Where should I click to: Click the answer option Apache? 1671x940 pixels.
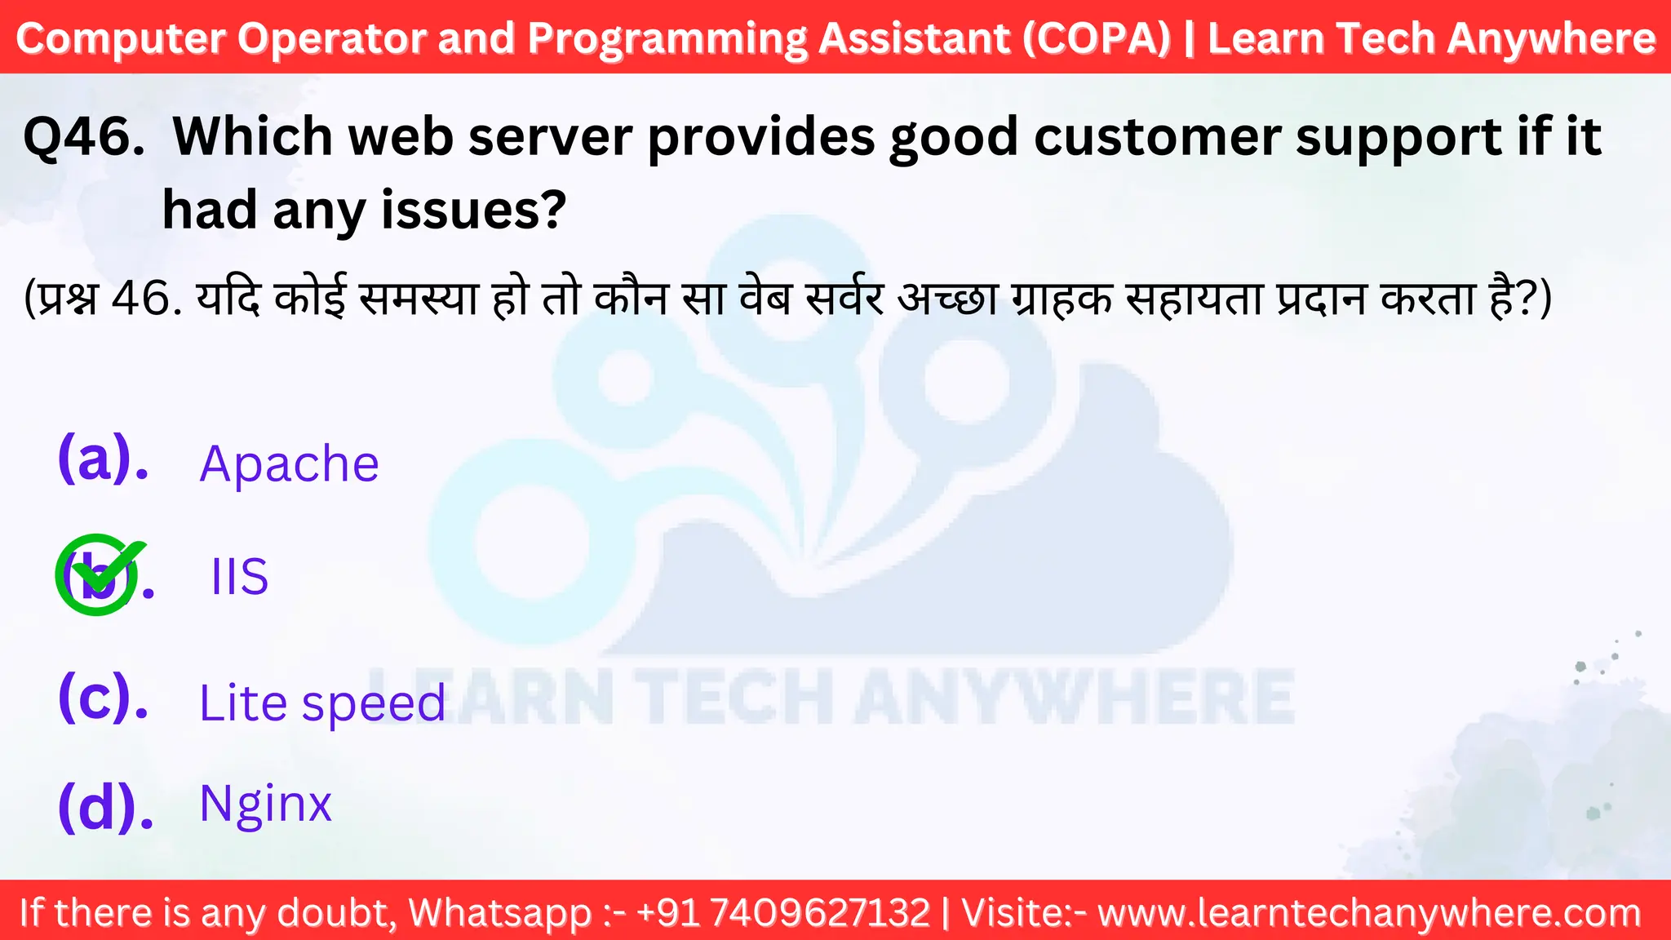tap(289, 464)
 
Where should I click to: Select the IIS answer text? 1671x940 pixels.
tap(239, 577)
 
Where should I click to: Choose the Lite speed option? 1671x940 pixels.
tap(322, 703)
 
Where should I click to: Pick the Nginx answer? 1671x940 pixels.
tap(265, 804)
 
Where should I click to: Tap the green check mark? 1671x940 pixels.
tap(100, 573)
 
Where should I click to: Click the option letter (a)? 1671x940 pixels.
tap(104, 459)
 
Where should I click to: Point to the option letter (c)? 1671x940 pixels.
tap(104, 698)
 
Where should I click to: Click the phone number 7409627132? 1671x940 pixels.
tap(820, 912)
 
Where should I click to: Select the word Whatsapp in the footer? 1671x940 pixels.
tap(500, 912)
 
